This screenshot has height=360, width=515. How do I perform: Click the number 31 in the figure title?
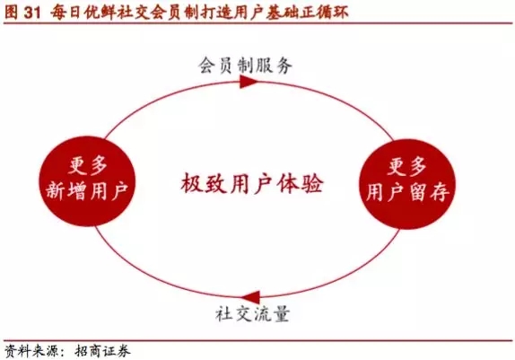[x=32, y=13]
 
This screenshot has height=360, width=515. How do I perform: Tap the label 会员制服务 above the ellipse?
[x=245, y=66]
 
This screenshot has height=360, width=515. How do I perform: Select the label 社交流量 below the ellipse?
[x=252, y=313]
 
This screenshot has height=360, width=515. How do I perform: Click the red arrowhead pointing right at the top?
[x=249, y=82]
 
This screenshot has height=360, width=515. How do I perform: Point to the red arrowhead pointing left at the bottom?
[x=251, y=297]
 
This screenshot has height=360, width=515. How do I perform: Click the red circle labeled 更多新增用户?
[x=87, y=181]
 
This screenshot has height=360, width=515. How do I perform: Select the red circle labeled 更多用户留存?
[x=407, y=184]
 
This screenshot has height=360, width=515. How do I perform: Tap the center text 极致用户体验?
[x=252, y=183]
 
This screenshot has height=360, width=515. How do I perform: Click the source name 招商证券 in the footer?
[x=102, y=351]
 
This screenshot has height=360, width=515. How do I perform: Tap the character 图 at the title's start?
[x=11, y=13]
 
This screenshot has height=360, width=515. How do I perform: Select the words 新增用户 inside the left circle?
[x=87, y=191]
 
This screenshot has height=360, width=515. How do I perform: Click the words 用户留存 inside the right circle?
[x=407, y=192]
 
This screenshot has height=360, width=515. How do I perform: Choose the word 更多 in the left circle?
[x=88, y=165]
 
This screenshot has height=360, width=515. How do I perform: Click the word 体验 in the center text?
[x=300, y=183]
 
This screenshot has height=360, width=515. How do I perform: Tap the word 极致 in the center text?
[x=204, y=183]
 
